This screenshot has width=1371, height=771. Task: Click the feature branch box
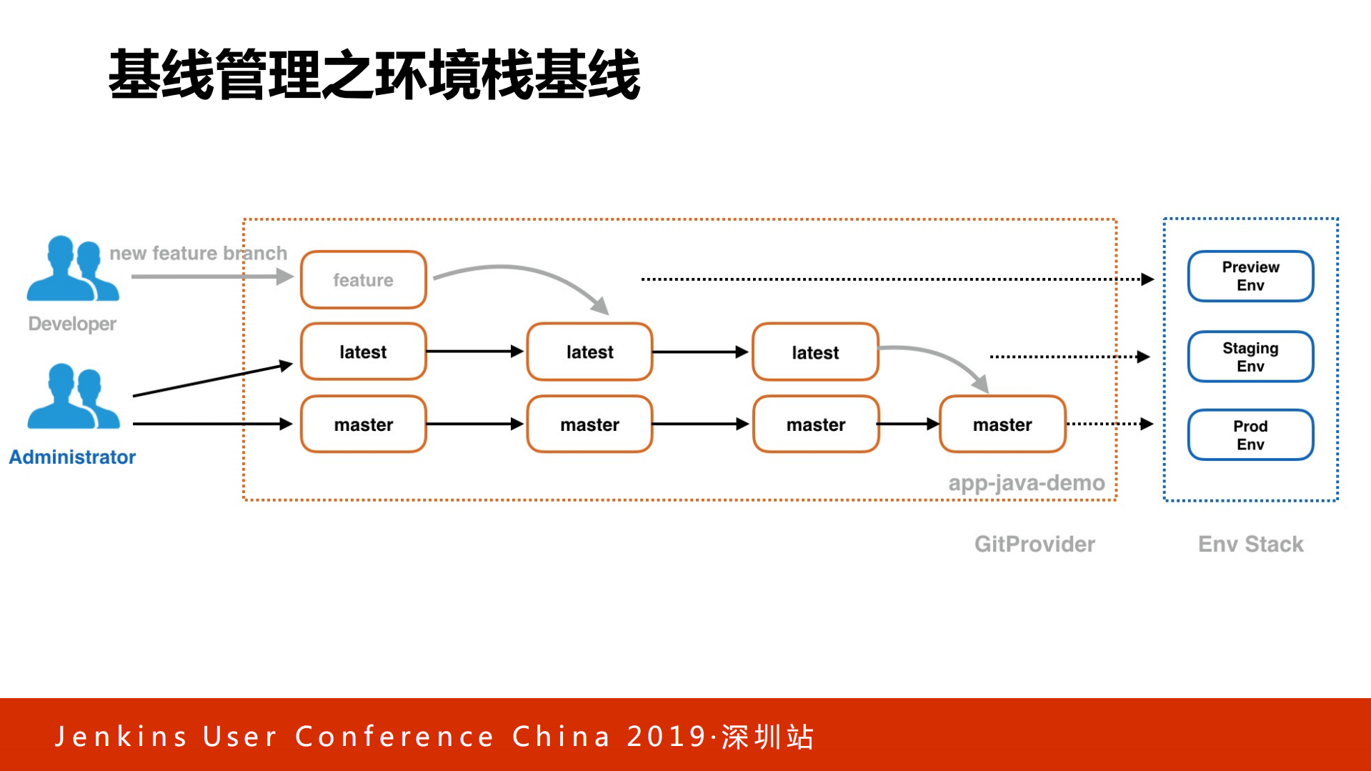[363, 279]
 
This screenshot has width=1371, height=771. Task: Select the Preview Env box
[1250, 276]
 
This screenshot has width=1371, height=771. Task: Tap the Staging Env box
[1250, 357]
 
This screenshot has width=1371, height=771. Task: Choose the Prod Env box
[1250, 434]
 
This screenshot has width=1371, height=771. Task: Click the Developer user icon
[72, 269]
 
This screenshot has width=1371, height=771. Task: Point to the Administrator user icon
[72, 397]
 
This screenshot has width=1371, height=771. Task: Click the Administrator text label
[72, 457]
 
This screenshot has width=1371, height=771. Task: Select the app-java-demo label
[1026, 483]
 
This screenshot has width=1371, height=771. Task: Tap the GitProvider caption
[1034, 544]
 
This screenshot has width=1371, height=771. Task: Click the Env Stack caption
[1250, 544]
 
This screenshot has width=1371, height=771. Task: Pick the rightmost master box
[1002, 424]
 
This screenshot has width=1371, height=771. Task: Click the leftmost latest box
[363, 352]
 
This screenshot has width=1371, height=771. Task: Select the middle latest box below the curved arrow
[589, 352]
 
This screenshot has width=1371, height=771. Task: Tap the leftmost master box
[363, 424]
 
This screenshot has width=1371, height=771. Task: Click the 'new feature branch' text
[198, 253]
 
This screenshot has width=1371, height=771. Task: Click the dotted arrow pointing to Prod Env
[1109, 424]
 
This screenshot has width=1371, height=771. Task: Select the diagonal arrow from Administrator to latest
[213, 380]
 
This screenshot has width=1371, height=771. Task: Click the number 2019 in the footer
[667, 737]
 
